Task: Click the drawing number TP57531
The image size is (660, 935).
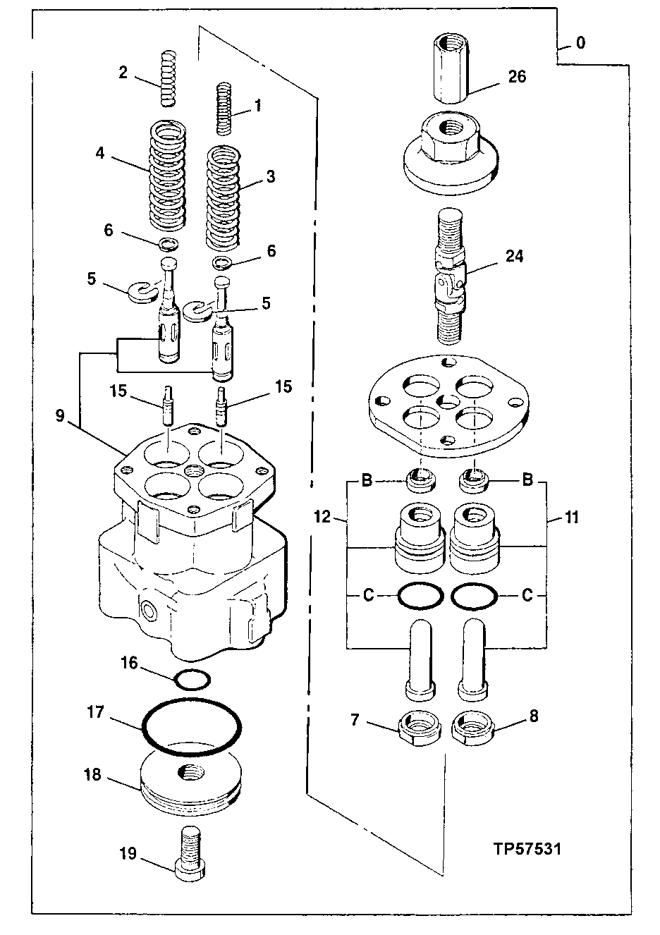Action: [527, 848]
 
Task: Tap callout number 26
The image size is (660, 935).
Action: [517, 76]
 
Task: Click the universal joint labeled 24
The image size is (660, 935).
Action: [449, 276]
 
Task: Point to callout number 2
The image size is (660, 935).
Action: [123, 72]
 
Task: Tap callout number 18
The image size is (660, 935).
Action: [92, 775]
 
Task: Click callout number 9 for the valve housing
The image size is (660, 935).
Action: [61, 416]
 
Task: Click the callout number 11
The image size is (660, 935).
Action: [571, 518]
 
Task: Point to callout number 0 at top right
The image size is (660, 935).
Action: [580, 43]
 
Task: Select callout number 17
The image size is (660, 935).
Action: [96, 713]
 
